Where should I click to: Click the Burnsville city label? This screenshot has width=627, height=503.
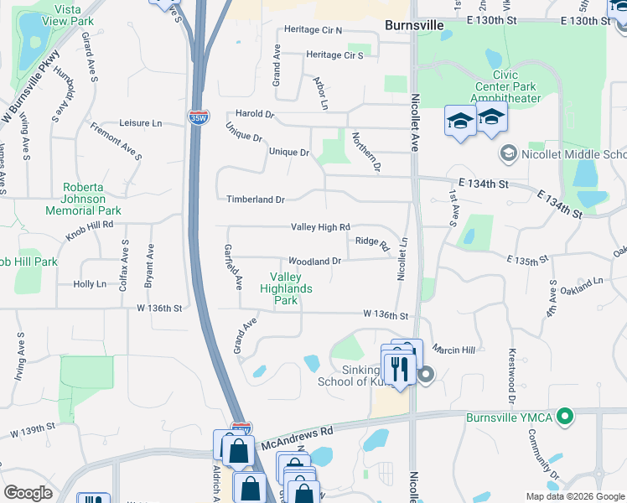click(x=413, y=26)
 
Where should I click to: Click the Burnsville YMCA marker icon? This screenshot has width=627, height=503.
click(x=566, y=415)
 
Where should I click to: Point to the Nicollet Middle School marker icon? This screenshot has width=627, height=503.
click(x=507, y=153)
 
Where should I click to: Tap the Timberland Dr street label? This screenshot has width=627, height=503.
click(x=256, y=200)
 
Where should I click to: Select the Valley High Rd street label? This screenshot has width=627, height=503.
click(x=319, y=227)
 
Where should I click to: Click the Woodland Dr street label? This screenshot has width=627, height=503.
click(x=314, y=262)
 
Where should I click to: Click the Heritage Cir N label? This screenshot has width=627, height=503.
click(x=313, y=30)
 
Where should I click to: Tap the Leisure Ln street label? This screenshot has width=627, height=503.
click(x=140, y=122)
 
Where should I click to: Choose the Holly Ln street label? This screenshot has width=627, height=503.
click(x=90, y=284)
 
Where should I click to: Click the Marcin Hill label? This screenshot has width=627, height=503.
click(x=454, y=349)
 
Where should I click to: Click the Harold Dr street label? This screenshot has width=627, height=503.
click(x=255, y=114)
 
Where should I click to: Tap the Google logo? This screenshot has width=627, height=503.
click(x=28, y=493)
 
